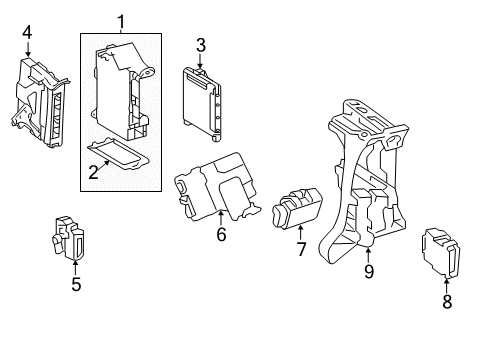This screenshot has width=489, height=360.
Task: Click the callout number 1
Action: pyautogui.click(x=121, y=20)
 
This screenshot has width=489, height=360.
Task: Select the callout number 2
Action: pyautogui.click(x=92, y=172)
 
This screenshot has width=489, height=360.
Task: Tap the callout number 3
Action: pyautogui.click(x=200, y=45)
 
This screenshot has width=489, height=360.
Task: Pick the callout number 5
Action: pyautogui.click(x=76, y=285)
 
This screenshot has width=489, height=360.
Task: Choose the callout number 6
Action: pyautogui.click(x=221, y=235)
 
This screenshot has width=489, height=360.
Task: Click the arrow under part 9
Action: pyautogui.click(x=369, y=250)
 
